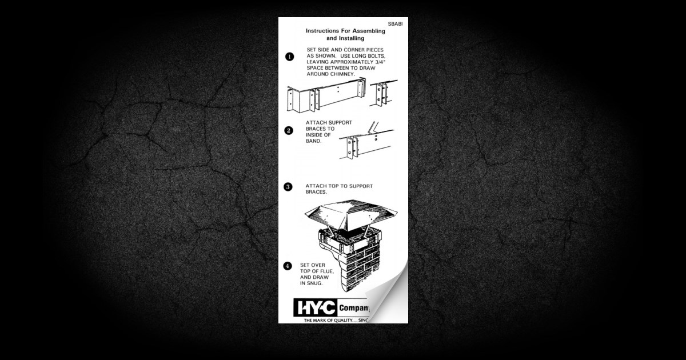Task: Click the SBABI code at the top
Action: (x=395, y=25)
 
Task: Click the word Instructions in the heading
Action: (x=325, y=30)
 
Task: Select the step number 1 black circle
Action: (x=289, y=56)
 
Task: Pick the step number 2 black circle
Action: (x=289, y=130)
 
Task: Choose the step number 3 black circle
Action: (x=289, y=186)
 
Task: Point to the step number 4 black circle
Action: (x=289, y=266)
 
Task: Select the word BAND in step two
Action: (x=314, y=141)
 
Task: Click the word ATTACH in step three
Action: (x=317, y=186)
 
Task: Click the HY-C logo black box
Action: (x=315, y=309)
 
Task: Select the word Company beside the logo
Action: (x=353, y=309)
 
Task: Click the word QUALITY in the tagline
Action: (x=339, y=321)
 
